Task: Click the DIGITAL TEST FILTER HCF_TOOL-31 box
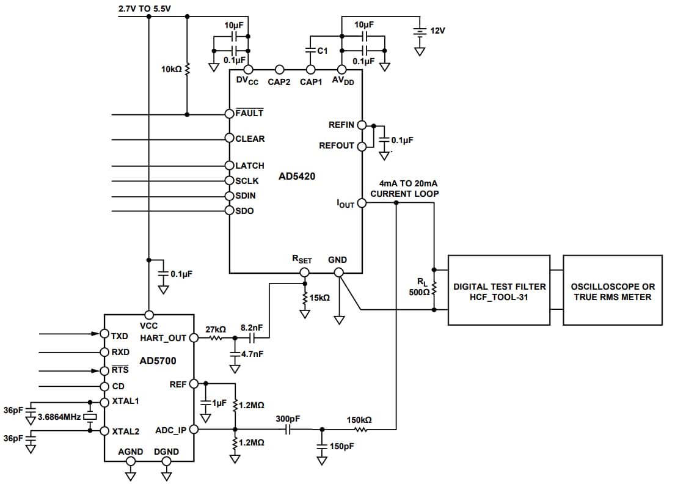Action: (499, 290)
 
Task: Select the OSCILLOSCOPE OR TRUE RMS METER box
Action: (612, 290)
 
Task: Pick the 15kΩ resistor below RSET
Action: (304, 298)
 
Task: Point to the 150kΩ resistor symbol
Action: (360, 430)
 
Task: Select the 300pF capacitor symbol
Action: (286, 430)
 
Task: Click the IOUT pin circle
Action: (361, 203)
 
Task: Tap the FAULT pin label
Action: (249, 113)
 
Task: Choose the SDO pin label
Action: (244, 211)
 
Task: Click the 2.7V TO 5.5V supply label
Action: (145, 9)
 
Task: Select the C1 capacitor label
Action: (321, 51)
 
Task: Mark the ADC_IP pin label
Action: (170, 430)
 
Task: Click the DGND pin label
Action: (166, 452)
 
